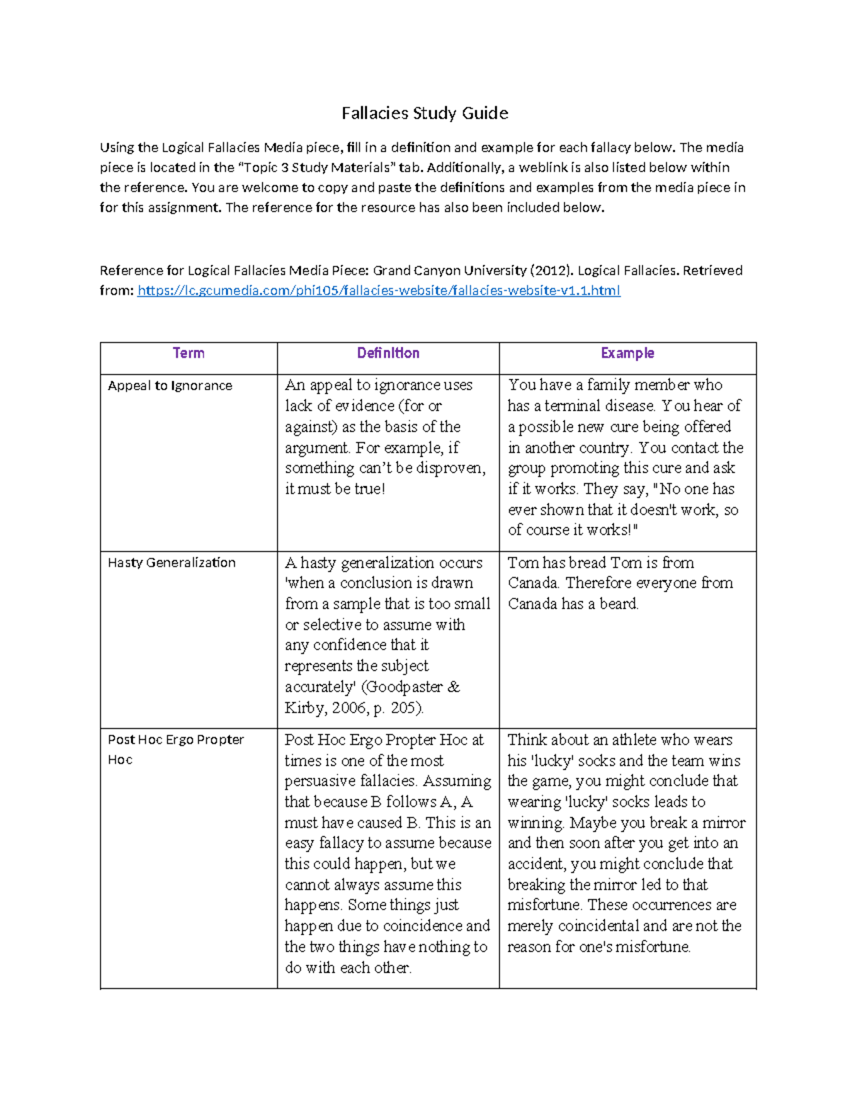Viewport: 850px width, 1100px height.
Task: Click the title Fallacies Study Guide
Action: (424, 113)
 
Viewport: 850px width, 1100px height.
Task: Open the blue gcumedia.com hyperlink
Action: (378, 290)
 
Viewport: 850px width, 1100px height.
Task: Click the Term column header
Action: (188, 353)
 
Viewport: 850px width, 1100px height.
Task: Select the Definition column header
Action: (387, 353)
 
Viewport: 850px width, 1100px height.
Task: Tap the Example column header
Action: (627, 353)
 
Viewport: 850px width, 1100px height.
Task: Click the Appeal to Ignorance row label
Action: (170, 386)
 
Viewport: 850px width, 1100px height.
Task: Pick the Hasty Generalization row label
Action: (171, 563)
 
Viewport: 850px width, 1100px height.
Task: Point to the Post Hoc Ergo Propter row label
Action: (176, 740)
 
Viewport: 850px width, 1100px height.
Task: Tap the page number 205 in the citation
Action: (405, 708)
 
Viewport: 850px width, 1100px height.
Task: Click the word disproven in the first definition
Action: (450, 468)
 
